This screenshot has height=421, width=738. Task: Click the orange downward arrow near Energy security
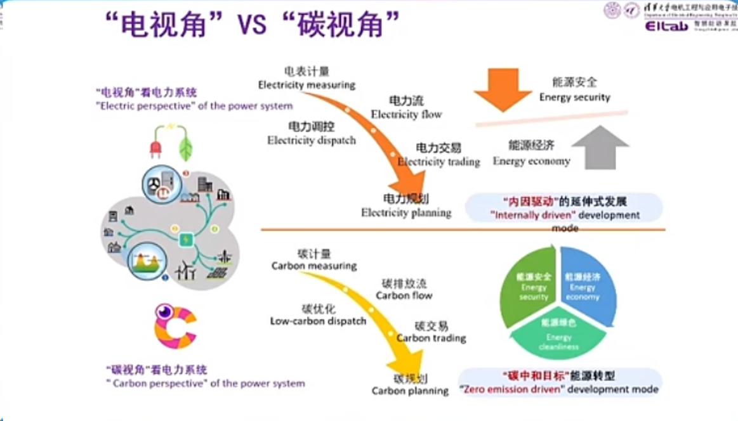(x=503, y=88)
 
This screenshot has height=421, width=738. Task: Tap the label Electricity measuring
(x=306, y=84)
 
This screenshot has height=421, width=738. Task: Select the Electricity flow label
(x=406, y=114)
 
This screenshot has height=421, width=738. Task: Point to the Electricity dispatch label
(x=312, y=140)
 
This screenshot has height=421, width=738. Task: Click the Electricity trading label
(x=438, y=162)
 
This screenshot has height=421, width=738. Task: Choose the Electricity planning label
(x=406, y=212)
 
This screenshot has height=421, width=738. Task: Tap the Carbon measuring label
(x=313, y=266)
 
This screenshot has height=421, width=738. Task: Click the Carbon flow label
(x=404, y=295)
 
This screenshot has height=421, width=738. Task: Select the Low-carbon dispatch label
(x=318, y=321)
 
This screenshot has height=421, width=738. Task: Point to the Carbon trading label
(x=432, y=338)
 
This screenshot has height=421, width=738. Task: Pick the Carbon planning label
(x=410, y=391)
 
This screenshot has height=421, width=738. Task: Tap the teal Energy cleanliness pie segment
(x=558, y=335)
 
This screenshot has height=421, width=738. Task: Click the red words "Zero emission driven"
(x=511, y=389)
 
